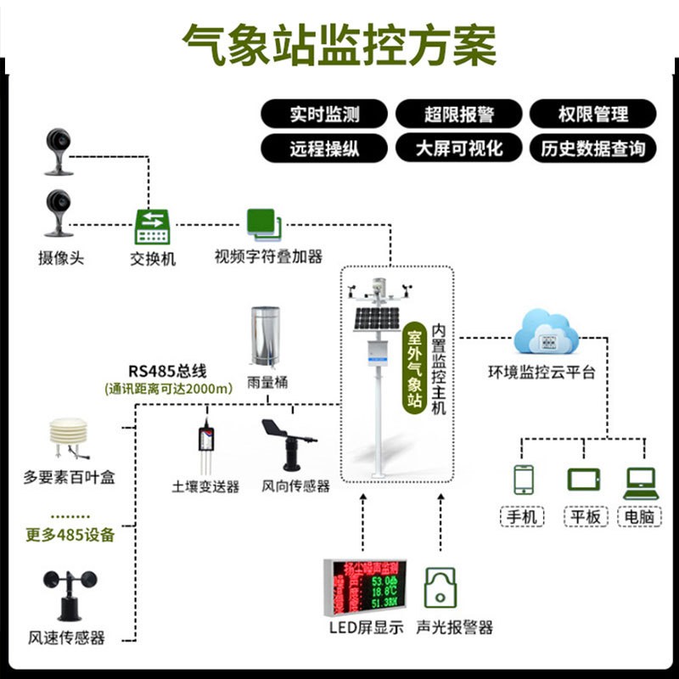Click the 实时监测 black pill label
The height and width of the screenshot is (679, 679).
tap(323, 114)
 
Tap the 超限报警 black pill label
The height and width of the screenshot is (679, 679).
tap(458, 114)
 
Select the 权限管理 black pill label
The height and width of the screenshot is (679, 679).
tap(592, 114)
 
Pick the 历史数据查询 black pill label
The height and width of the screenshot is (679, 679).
tap(592, 149)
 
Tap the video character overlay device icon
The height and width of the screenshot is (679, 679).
tap(264, 225)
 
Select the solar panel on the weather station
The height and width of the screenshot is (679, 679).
tap(374, 319)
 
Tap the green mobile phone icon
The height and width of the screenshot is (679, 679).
tap(524, 480)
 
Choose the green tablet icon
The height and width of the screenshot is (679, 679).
tap(583, 480)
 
